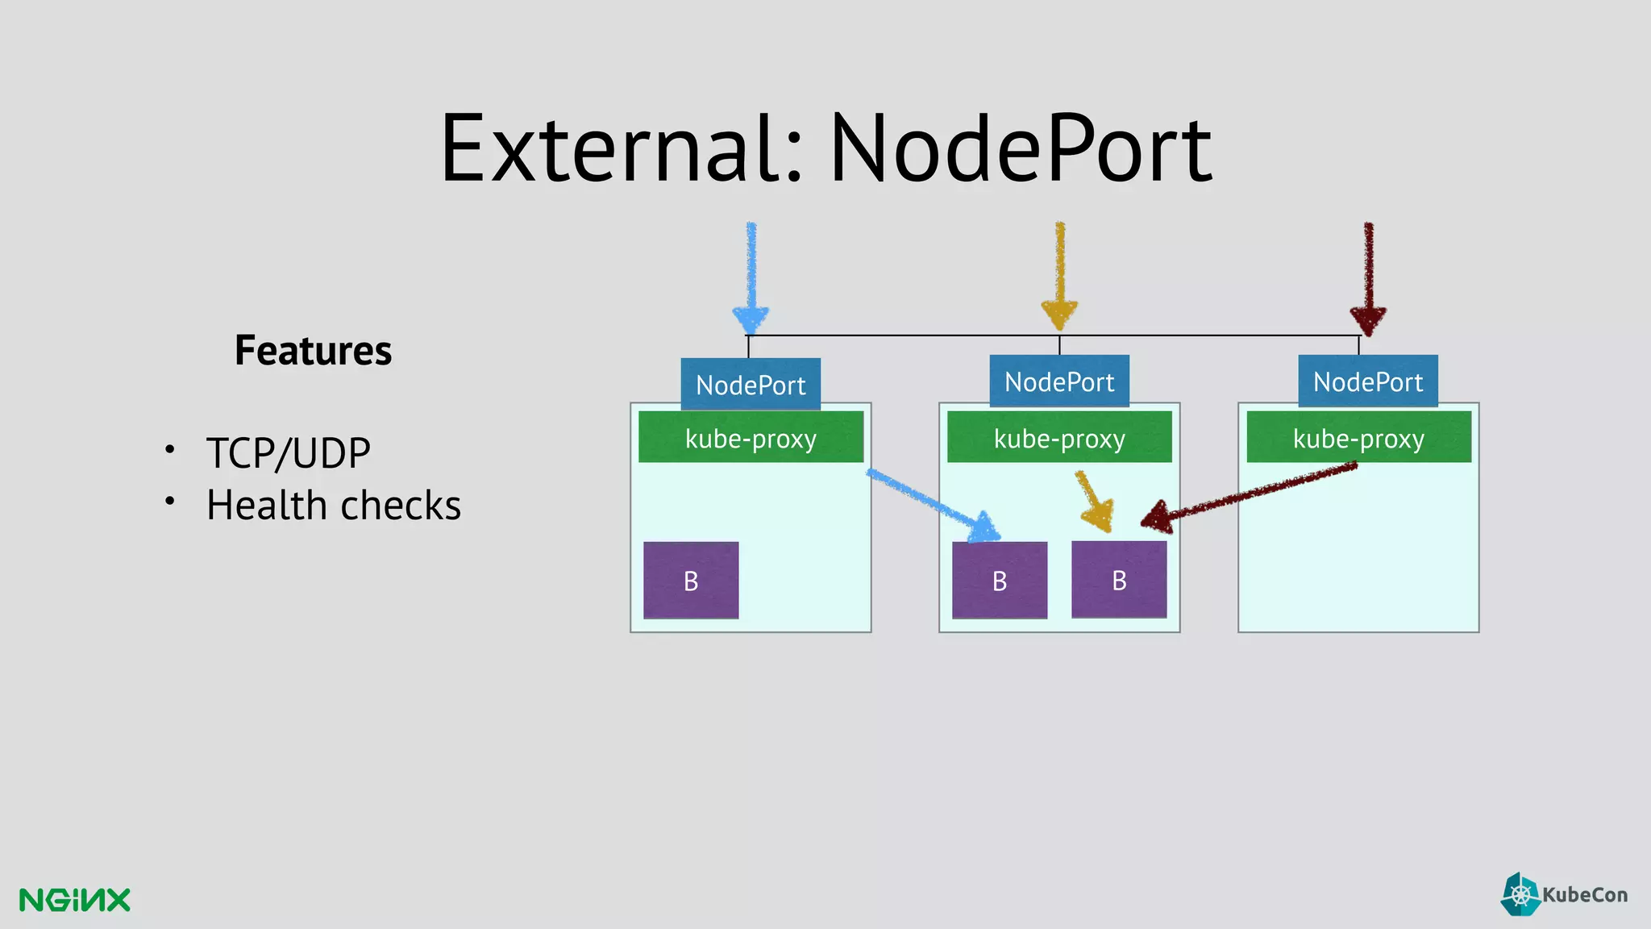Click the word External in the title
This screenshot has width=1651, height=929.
tap(621, 149)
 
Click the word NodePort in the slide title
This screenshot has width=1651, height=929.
tap(1020, 149)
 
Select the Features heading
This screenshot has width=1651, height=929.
tap(313, 351)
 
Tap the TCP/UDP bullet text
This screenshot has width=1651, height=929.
tap(288, 452)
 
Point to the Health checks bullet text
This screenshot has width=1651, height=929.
tap(333, 506)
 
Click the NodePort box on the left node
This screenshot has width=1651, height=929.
tap(751, 384)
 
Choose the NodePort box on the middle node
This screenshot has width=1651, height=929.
tap(1059, 381)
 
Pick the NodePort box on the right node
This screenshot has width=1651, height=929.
tap(1368, 381)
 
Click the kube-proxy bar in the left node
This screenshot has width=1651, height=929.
tap(751, 437)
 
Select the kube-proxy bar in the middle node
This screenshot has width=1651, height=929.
tap(1059, 437)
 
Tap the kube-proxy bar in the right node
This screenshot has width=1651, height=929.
tap(1358, 437)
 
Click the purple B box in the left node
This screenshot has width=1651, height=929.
tap(691, 580)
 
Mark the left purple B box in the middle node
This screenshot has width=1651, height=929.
tap(1000, 580)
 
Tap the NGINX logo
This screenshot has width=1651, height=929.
tap(74, 899)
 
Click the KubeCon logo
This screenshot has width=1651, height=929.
tap(1564, 894)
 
